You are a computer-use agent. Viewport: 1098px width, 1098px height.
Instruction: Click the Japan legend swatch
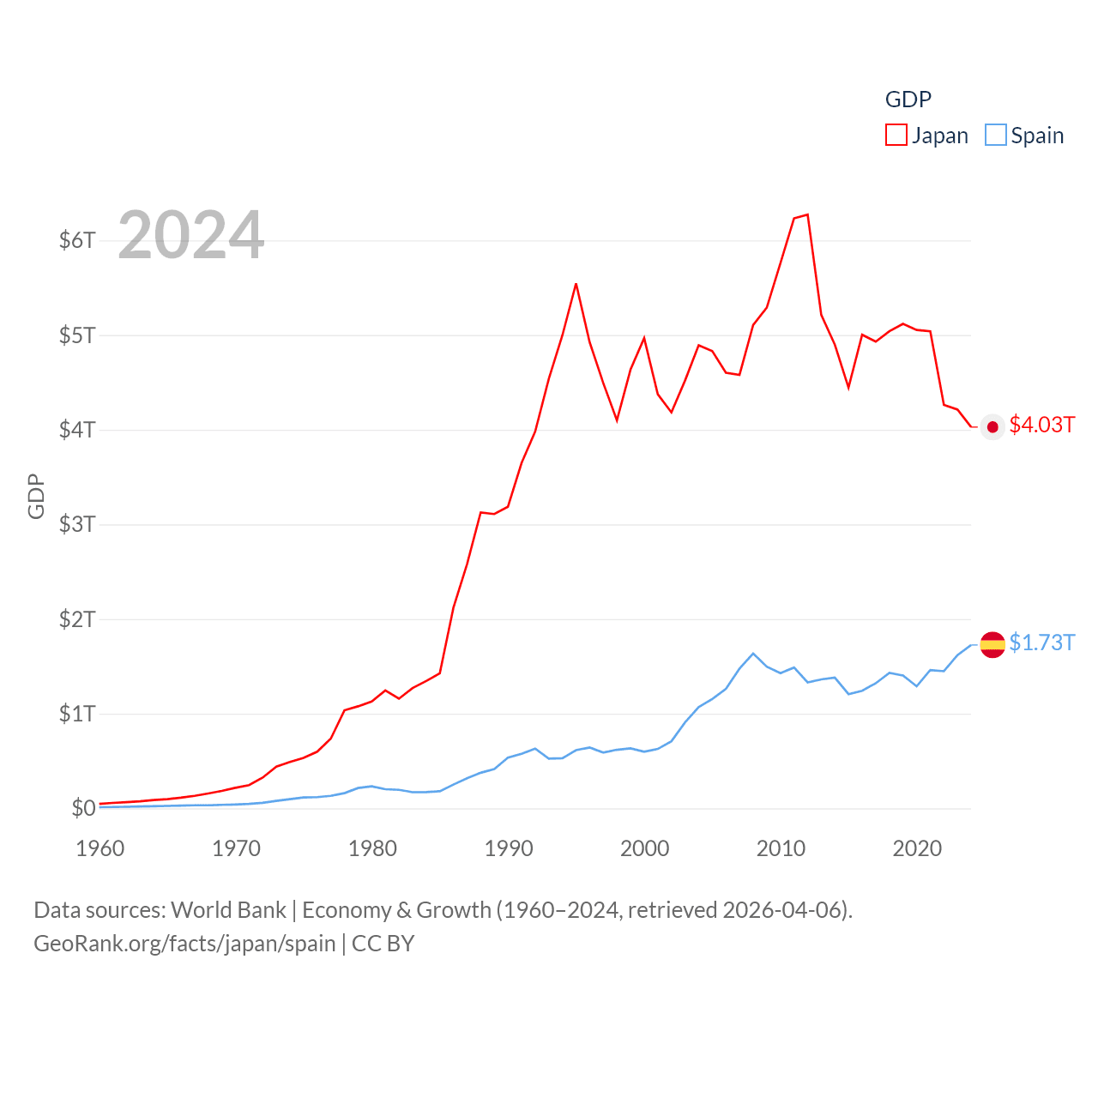coord(896,136)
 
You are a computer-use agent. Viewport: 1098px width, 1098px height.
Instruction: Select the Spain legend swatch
coord(995,136)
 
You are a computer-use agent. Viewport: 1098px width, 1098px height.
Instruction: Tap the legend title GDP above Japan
coord(908,100)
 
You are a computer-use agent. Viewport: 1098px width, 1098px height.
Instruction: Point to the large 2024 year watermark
coord(191,235)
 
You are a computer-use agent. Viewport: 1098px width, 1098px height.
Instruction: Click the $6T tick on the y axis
coord(77,240)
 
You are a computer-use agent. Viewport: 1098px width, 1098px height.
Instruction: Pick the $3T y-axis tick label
coord(77,524)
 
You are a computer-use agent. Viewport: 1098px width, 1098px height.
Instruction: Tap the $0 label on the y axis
coord(83,808)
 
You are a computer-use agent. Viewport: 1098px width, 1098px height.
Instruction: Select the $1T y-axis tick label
coord(77,714)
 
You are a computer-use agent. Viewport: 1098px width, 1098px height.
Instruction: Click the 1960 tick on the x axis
coord(100,848)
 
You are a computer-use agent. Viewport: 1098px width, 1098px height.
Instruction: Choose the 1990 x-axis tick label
coord(509,848)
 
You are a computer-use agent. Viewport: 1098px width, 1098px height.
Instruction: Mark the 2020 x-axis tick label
coord(917,848)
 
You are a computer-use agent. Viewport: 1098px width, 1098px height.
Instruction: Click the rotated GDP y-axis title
coord(36,496)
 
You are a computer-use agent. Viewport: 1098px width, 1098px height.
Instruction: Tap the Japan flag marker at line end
coord(992,427)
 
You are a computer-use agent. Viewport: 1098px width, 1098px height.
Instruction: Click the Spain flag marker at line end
coord(992,644)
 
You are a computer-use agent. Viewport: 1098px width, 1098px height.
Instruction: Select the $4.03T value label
coord(1041,425)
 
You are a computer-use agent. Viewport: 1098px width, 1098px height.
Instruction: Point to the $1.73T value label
coord(1041,643)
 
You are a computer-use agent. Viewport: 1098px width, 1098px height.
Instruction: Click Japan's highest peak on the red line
coord(807,214)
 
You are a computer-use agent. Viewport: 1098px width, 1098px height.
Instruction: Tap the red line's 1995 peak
coord(576,284)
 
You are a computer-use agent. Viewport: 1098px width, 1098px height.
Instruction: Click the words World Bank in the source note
coord(228,910)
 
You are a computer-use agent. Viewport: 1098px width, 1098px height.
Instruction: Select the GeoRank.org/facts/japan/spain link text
coord(184,944)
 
